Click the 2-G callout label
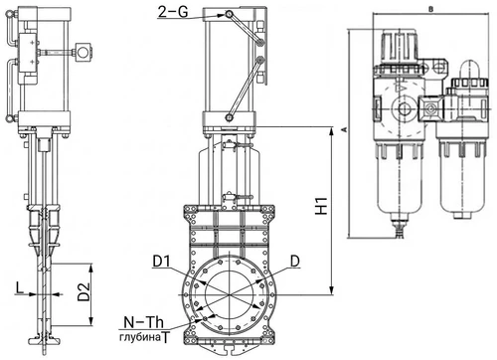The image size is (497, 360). coord(173,12)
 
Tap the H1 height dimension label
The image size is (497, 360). coord(321,206)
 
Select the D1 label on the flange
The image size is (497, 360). coord(162,262)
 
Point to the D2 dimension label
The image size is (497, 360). coord(83,291)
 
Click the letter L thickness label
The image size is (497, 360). coord(20,288)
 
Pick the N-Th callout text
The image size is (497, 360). coord(144,322)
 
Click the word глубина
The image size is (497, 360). coord(140,338)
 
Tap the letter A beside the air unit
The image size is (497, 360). coord(344,130)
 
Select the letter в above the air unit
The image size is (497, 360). coord(430,10)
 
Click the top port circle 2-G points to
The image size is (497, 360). coord(229,14)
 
